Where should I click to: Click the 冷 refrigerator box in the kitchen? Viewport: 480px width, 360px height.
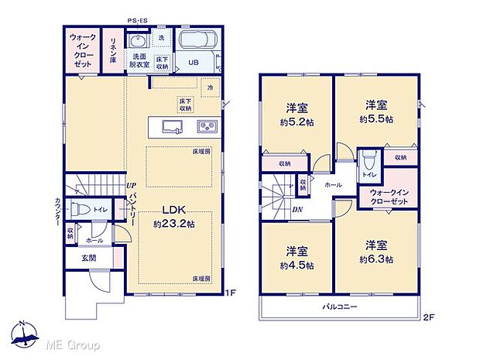click(209, 87)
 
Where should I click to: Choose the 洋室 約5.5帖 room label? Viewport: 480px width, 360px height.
click(376, 113)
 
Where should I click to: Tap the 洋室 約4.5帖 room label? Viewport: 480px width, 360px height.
click(297, 258)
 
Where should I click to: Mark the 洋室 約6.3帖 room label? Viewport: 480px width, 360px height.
click(376, 252)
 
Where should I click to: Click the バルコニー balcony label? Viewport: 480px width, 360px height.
click(340, 307)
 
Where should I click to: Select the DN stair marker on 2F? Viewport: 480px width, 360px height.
click(298, 208)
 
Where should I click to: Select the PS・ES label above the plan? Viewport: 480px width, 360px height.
click(139, 22)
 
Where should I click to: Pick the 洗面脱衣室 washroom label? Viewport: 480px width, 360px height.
click(140, 60)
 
